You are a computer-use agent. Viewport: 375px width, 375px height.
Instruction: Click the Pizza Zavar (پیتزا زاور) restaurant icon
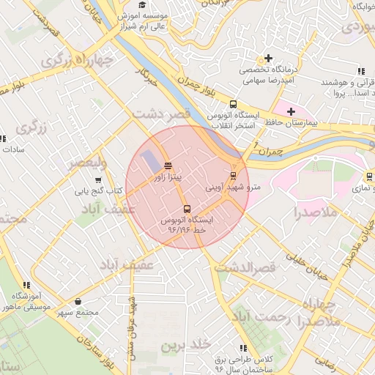(x=168, y=166)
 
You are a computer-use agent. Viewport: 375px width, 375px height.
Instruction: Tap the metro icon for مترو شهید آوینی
(x=233, y=176)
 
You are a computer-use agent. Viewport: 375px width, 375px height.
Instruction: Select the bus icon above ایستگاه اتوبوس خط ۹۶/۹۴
(x=187, y=209)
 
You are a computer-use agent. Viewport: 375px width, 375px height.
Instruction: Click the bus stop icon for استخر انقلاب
(x=233, y=105)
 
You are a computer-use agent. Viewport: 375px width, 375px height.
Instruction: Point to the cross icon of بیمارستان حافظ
(x=292, y=111)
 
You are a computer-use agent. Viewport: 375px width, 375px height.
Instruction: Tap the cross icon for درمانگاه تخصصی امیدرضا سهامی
(x=268, y=58)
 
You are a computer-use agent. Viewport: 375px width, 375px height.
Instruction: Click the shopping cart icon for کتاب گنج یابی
(x=98, y=180)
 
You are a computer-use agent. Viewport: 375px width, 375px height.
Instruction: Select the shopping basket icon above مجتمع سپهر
(x=78, y=301)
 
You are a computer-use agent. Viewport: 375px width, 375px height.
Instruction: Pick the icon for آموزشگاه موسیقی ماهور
(x=26, y=285)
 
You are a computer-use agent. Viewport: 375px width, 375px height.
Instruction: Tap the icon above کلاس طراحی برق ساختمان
(x=243, y=349)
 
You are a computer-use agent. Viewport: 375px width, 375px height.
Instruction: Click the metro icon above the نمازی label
(x=368, y=177)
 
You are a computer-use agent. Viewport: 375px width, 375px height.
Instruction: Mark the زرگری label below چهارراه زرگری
(x=31, y=129)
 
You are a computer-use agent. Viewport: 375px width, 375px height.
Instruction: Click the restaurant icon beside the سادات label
(x=2, y=138)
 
